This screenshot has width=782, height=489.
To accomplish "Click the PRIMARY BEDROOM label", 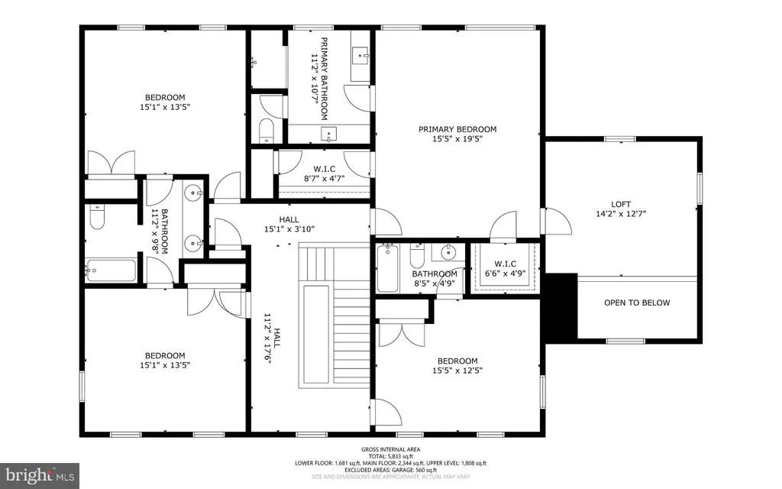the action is [x=457, y=129].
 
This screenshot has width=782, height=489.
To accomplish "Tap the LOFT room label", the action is [x=621, y=204].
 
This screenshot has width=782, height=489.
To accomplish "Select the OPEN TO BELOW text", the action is [x=637, y=303].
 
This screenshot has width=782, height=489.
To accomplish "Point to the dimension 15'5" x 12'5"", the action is [x=457, y=371].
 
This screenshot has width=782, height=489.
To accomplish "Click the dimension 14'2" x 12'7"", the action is [x=621, y=214].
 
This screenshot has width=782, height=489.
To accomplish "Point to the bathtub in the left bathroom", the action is [x=110, y=270].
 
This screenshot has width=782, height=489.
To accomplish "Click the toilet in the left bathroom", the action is [x=97, y=216].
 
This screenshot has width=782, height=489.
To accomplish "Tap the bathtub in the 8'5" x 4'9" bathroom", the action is [x=387, y=268].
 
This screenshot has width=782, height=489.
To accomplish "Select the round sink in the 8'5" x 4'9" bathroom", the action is [x=448, y=252].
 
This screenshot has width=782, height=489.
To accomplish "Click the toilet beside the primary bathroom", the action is [x=267, y=130].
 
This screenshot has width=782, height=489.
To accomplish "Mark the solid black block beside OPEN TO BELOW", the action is [x=561, y=308].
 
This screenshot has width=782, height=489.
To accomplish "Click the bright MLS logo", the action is [x=40, y=475].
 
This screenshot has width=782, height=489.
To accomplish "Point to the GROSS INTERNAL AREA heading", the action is [x=390, y=449].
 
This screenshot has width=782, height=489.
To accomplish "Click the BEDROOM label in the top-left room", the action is [x=165, y=97].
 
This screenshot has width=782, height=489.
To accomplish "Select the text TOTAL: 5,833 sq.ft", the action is [x=390, y=456].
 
